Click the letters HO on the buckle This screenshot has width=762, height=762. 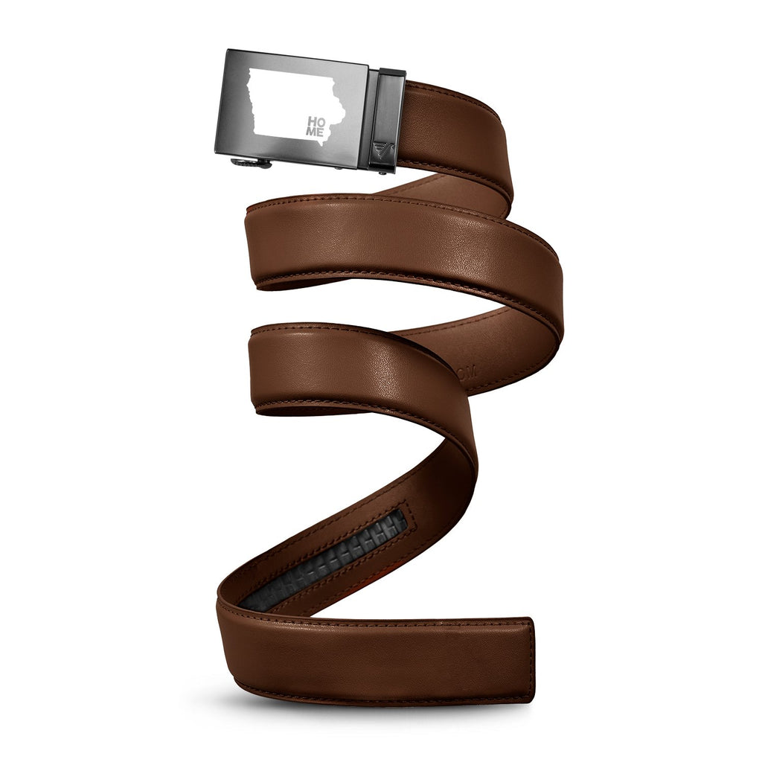coord(316,121)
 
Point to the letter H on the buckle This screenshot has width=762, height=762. coord(312,121)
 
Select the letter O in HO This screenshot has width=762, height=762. coord(321,121)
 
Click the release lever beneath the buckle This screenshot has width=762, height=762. coord(251,163)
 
